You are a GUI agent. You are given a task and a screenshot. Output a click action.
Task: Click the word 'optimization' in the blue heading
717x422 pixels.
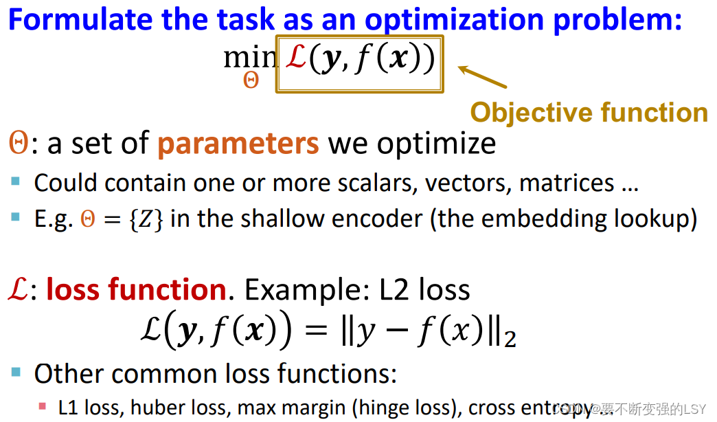(454, 21)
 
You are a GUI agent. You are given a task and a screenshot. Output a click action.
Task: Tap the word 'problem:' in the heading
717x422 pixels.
(618, 21)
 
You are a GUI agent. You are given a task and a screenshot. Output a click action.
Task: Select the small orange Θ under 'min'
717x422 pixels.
(251, 80)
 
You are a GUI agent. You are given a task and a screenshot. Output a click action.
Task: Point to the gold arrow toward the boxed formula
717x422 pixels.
(482, 76)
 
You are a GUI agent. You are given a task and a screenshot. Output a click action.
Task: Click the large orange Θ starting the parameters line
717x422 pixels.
(19, 143)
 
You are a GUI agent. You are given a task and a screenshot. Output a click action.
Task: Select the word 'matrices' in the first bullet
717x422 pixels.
(567, 183)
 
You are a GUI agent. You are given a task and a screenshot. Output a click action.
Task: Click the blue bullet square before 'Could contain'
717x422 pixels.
(16, 181)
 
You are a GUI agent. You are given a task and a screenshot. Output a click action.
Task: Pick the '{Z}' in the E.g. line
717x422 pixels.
(146, 219)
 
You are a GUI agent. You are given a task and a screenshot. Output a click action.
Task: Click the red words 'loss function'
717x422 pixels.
(136, 290)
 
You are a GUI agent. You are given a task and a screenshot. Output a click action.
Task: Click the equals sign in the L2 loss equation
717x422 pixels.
(316, 329)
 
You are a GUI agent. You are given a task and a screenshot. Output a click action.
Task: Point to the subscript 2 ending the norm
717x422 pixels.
(510, 339)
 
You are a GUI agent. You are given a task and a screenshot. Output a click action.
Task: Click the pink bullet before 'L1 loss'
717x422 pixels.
(43, 406)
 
